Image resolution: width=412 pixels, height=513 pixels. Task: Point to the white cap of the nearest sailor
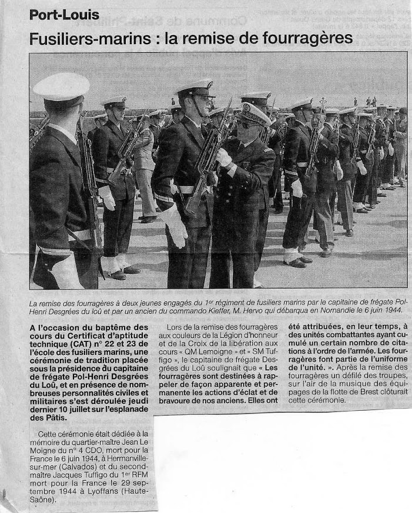(x=61, y=86)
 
